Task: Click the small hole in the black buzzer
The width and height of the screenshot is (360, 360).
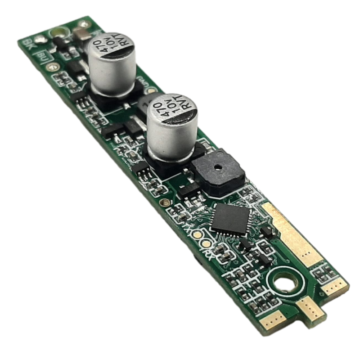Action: (216, 166)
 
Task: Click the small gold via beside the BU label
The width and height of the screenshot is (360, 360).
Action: (54, 66)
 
